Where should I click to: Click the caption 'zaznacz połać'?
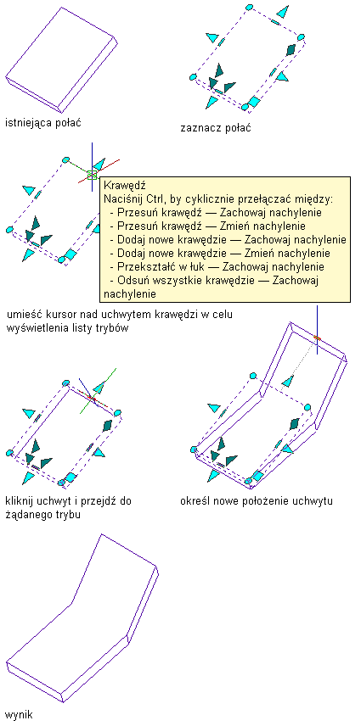click(x=216, y=128)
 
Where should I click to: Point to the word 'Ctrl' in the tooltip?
click(x=154, y=199)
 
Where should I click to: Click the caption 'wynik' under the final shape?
click(x=19, y=715)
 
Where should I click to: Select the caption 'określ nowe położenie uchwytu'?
click(x=257, y=501)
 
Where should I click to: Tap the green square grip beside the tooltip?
click(x=92, y=175)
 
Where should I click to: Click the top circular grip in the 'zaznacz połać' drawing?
click(x=250, y=8)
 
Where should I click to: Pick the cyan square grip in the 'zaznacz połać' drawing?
click(x=253, y=102)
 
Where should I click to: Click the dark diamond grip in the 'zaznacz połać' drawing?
click(x=290, y=49)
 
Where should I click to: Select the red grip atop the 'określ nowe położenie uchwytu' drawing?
click(x=317, y=338)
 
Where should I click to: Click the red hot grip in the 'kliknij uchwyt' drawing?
click(x=91, y=398)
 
